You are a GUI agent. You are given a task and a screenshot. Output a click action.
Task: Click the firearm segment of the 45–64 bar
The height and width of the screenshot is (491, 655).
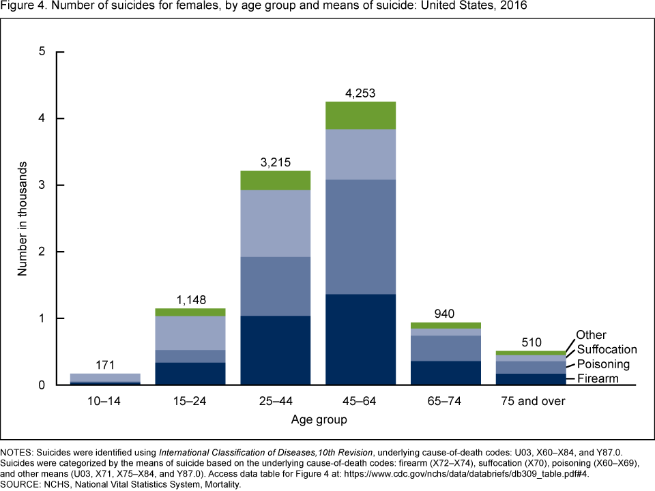[x=361, y=339]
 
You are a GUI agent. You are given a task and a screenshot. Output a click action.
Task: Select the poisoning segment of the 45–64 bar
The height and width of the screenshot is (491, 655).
[x=361, y=237]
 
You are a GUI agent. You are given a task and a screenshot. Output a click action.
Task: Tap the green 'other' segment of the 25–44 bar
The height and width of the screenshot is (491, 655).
[x=276, y=180]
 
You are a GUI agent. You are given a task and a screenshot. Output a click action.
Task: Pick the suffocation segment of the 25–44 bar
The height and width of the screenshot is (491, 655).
[x=276, y=223]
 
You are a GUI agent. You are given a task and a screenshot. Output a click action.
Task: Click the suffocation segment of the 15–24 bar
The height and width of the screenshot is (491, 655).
[x=190, y=333]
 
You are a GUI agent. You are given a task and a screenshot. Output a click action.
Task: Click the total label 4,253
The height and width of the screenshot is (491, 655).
[x=361, y=93]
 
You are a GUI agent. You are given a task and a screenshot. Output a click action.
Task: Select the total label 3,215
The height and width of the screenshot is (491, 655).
[x=276, y=163]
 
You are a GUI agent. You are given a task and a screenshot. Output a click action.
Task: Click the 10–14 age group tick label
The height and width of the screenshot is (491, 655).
[x=105, y=401]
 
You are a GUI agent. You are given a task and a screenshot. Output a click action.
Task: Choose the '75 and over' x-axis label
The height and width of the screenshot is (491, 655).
[x=532, y=401]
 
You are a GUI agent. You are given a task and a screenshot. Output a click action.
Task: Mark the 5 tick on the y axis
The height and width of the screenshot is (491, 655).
[x=42, y=52]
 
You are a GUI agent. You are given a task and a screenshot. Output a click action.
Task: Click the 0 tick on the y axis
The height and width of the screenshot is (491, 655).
[x=42, y=385]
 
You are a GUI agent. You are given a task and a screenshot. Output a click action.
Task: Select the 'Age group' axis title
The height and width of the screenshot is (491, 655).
[x=319, y=419]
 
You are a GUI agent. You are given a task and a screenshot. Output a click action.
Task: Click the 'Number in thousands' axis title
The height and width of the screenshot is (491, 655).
[x=23, y=218]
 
